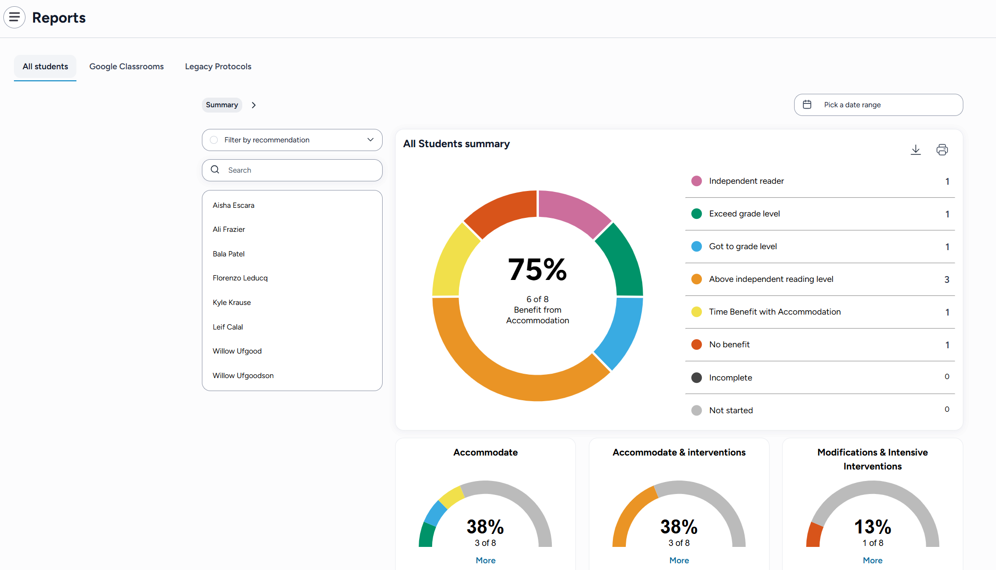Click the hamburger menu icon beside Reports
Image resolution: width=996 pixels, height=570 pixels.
14,17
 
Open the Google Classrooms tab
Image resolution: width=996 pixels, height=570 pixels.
126,66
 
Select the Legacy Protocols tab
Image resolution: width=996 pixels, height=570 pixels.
218,66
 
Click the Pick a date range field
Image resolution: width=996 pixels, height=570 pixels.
878,105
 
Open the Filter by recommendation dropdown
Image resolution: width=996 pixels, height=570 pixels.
292,140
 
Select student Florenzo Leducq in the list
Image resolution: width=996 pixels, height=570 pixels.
240,278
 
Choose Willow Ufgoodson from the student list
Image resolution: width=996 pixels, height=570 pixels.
243,376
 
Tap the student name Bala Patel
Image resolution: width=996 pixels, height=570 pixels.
228,254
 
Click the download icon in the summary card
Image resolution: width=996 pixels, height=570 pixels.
915,150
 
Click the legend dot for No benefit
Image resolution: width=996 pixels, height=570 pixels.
696,344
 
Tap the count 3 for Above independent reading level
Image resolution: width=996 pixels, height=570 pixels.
946,279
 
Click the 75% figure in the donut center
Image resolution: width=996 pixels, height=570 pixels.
537,269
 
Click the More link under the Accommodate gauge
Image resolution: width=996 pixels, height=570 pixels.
486,560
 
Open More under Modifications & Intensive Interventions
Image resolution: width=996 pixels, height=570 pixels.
872,560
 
